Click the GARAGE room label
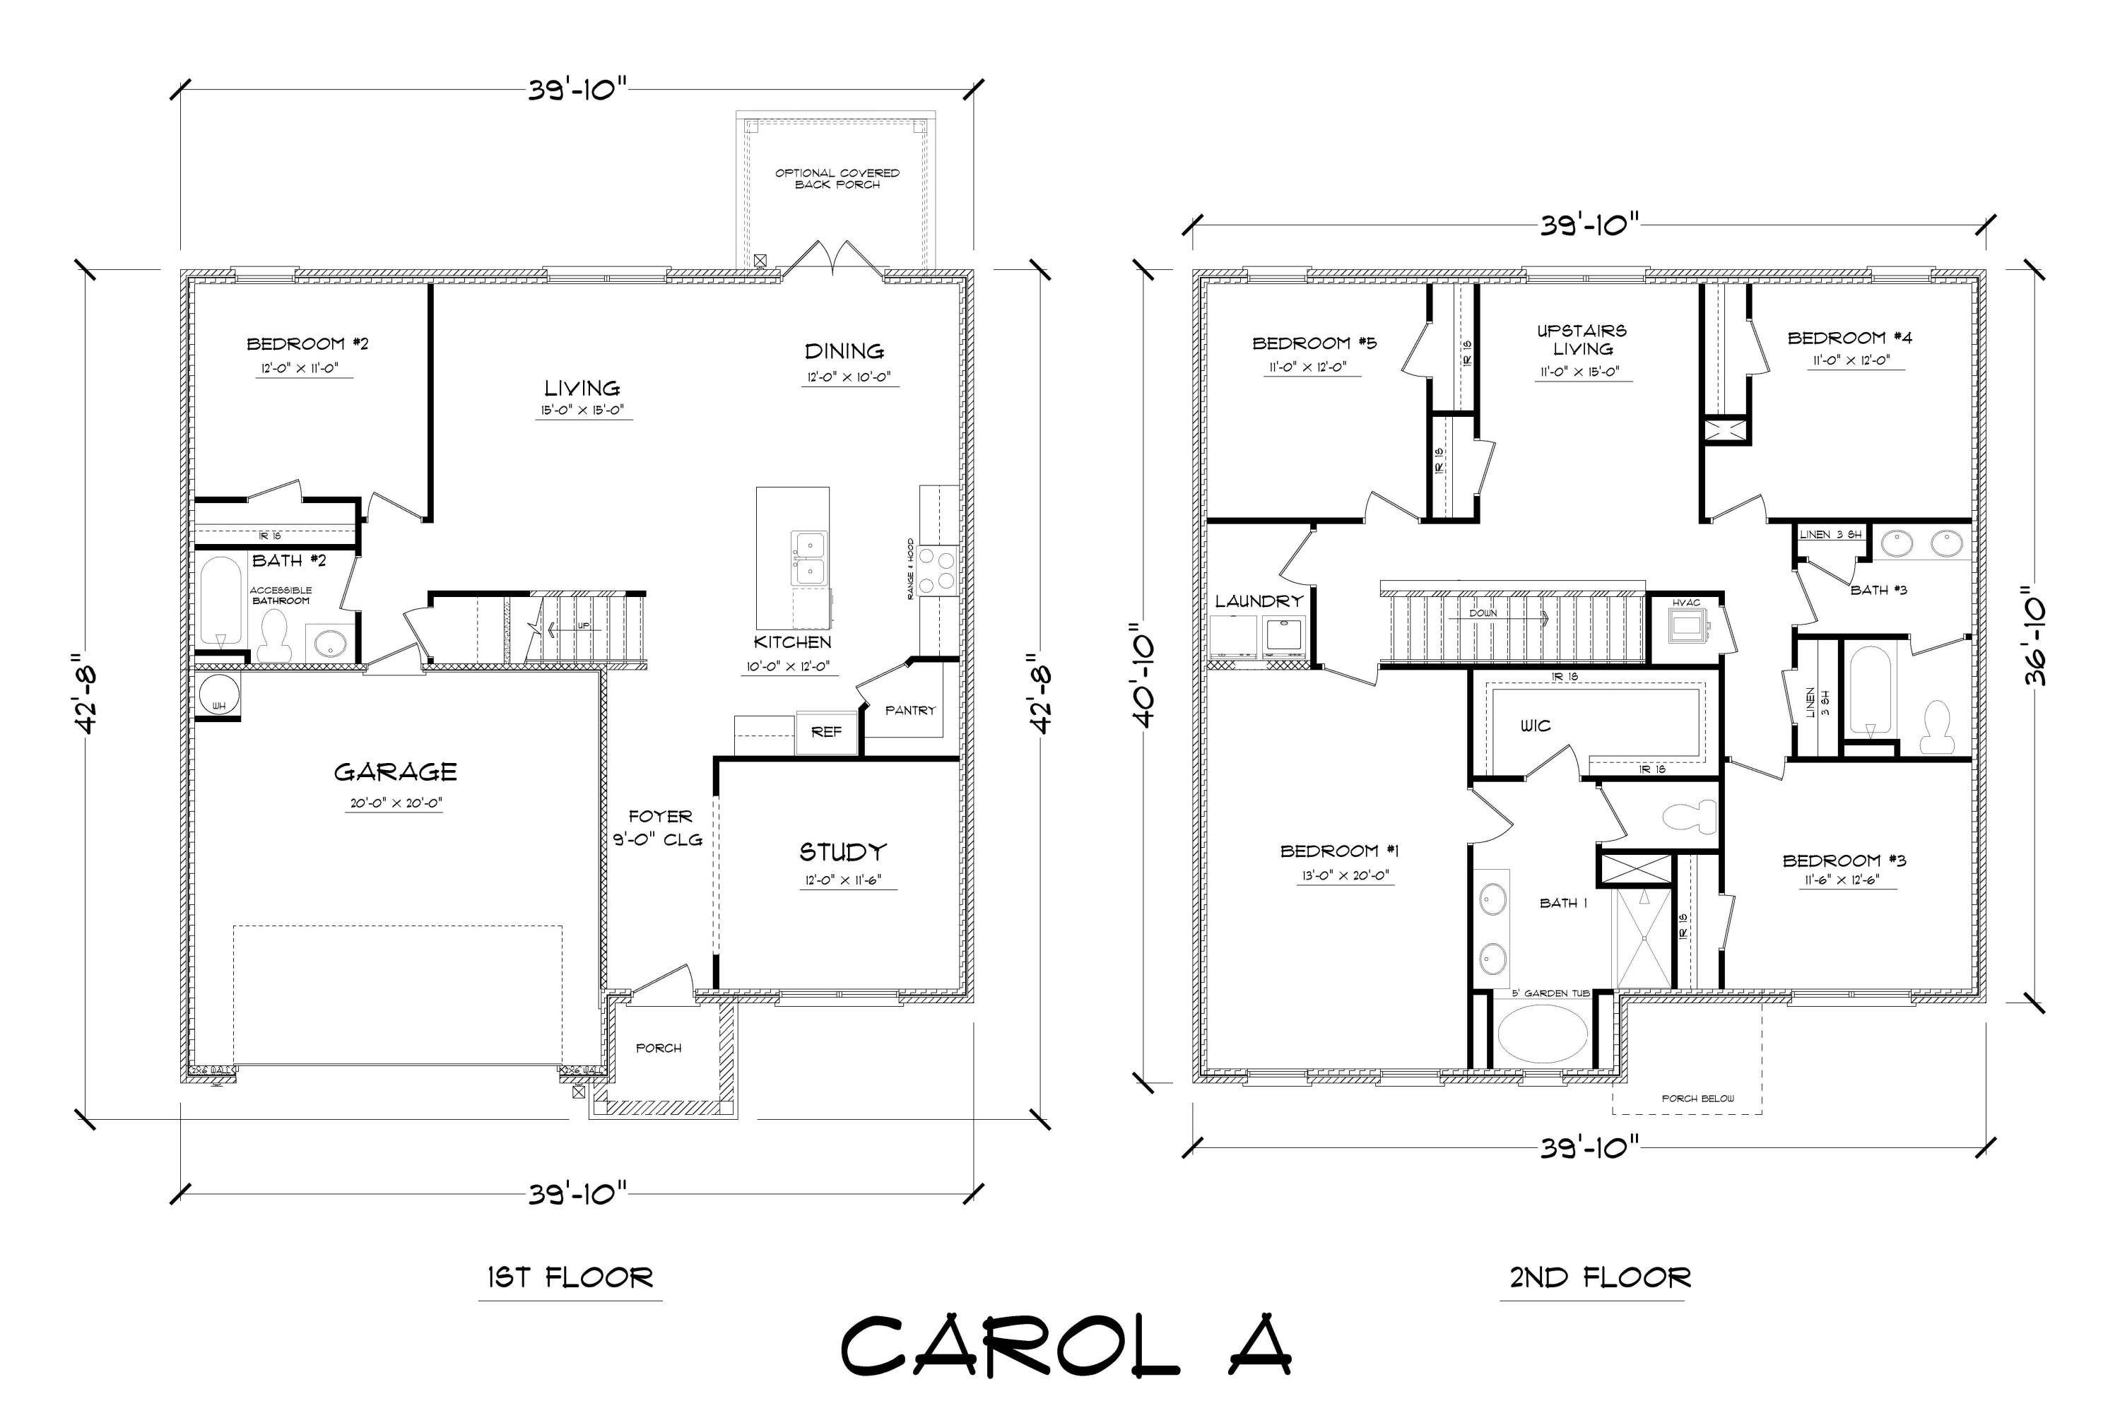(395, 772)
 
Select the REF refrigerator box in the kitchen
(825, 733)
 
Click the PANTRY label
(909, 710)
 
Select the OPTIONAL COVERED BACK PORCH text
(837, 179)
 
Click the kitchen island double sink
(808, 560)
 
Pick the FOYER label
(660, 817)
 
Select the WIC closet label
(1535, 726)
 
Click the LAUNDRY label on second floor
(1259, 601)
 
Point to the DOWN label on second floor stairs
(1483, 613)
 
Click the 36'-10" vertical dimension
(2034, 637)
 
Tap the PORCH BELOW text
(1698, 1099)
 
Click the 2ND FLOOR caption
(1600, 1278)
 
